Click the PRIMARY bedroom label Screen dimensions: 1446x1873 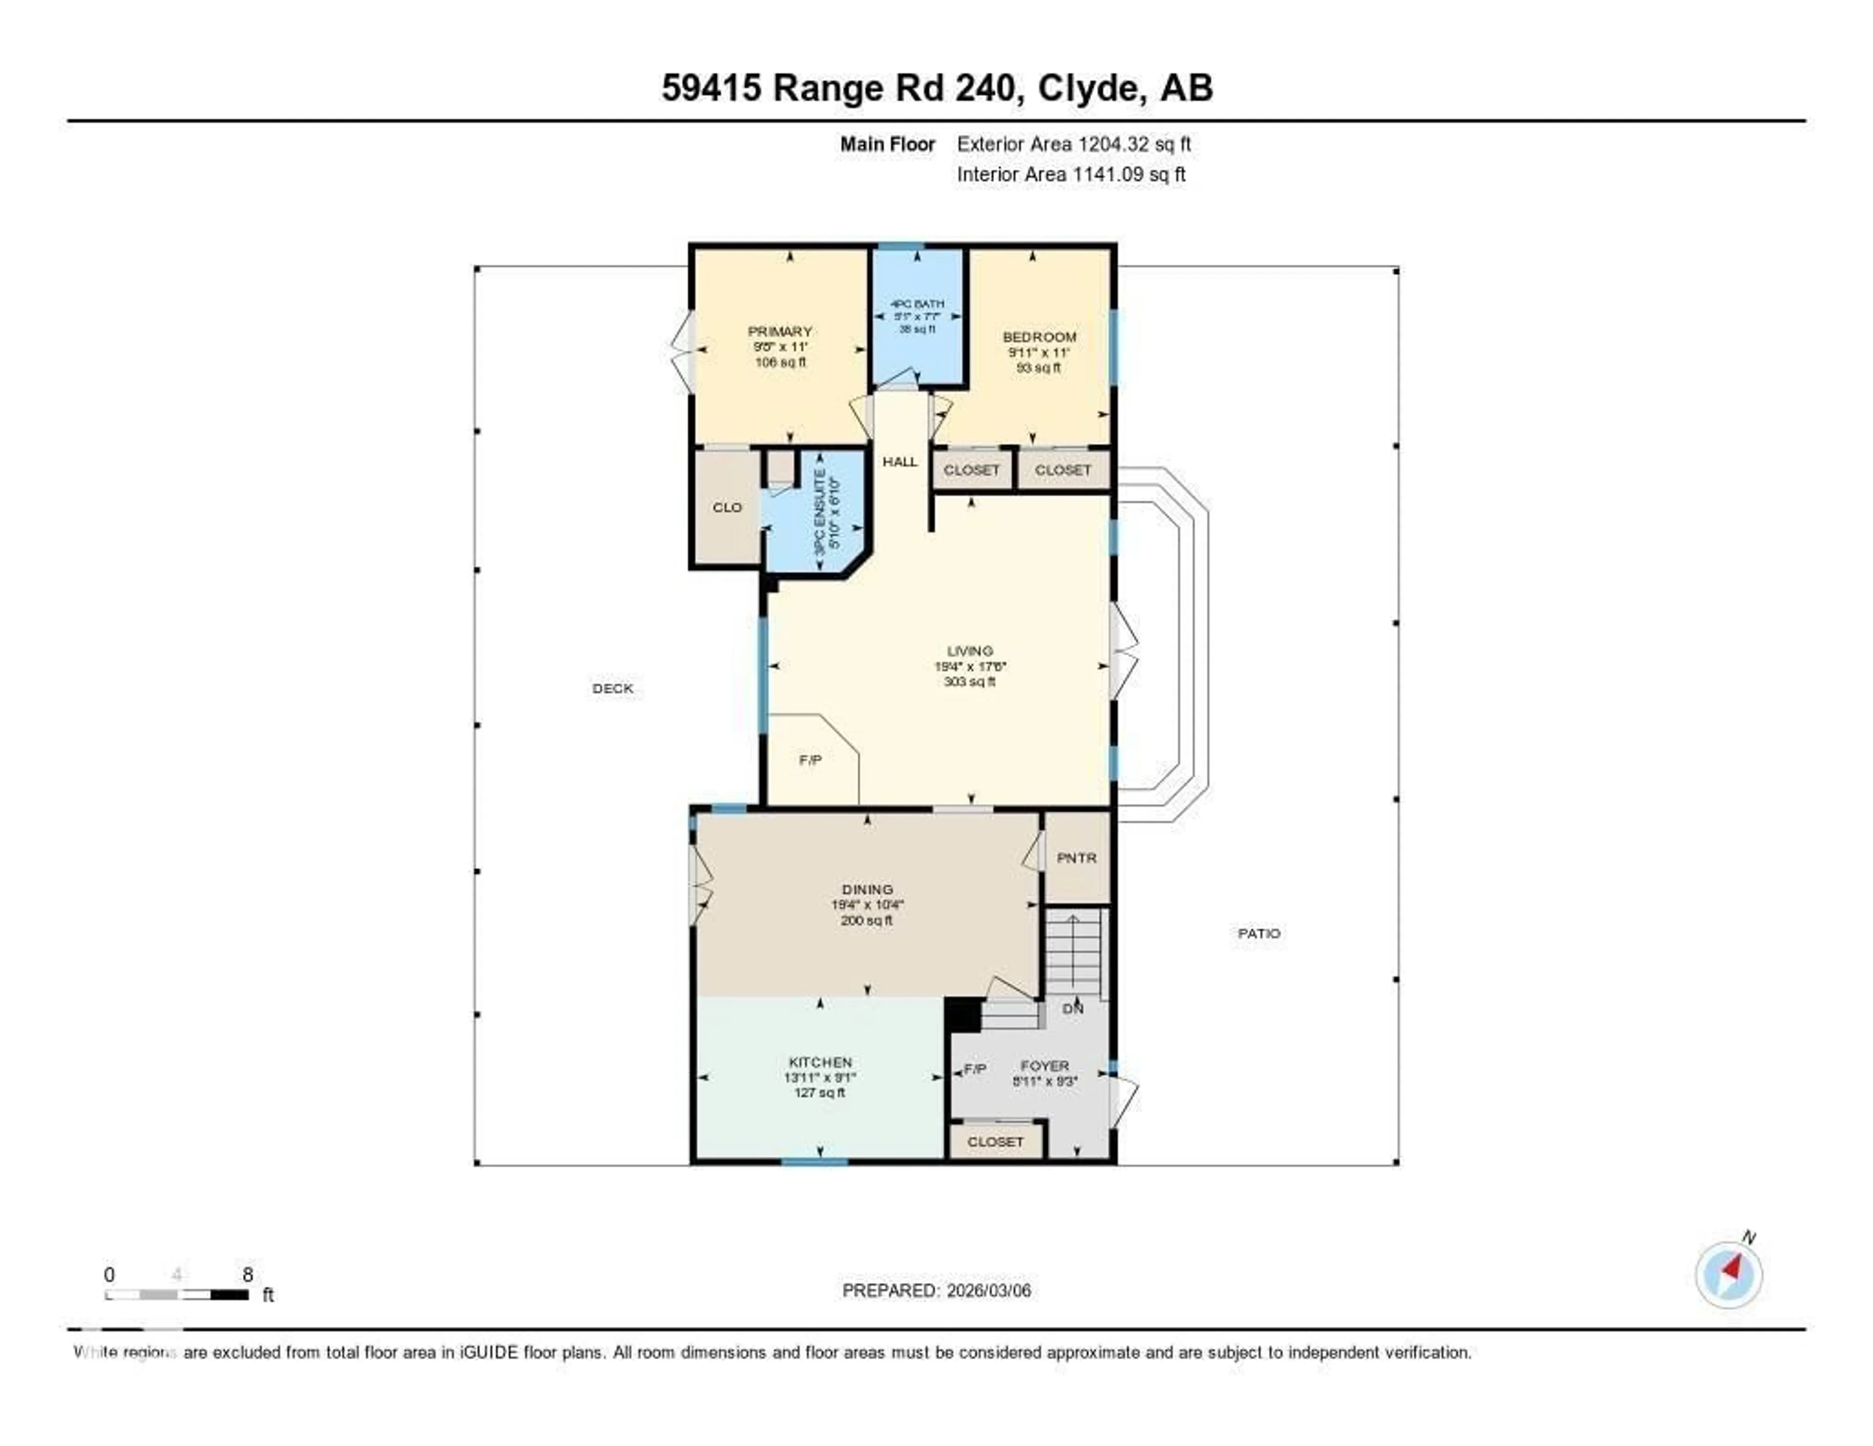click(779, 332)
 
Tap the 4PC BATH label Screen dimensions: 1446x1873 click(917, 303)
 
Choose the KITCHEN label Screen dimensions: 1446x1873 click(820, 1062)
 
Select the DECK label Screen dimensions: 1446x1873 click(612, 688)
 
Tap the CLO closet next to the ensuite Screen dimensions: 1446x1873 click(726, 508)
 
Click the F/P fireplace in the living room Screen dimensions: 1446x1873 click(810, 760)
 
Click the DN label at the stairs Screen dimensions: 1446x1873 click(1073, 1009)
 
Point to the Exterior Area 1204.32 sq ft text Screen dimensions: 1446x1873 click(1074, 144)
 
